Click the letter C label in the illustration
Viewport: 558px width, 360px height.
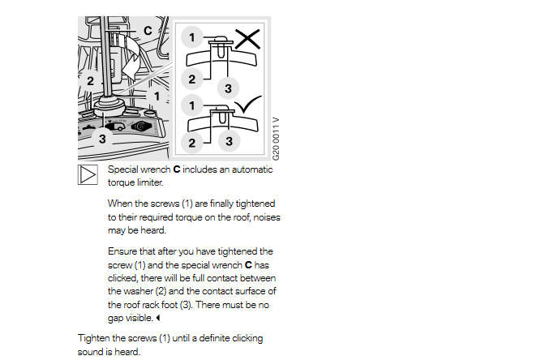[x=148, y=31]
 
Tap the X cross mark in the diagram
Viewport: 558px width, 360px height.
[x=247, y=39]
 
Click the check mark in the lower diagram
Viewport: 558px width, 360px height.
[x=248, y=105]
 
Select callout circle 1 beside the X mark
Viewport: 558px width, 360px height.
[x=191, y=37]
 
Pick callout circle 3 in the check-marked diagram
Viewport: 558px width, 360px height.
[x=229, y=141]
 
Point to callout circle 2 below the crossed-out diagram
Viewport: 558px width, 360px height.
[x=191, y=79]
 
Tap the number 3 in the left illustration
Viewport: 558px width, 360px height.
[x=102, y=139]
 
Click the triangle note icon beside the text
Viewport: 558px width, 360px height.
[x=88, y=174]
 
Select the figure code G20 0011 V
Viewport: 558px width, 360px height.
[x=276, y=139]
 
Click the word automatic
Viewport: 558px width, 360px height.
[x=252, y=169]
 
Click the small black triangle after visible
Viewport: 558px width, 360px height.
[x=158, y=318]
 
